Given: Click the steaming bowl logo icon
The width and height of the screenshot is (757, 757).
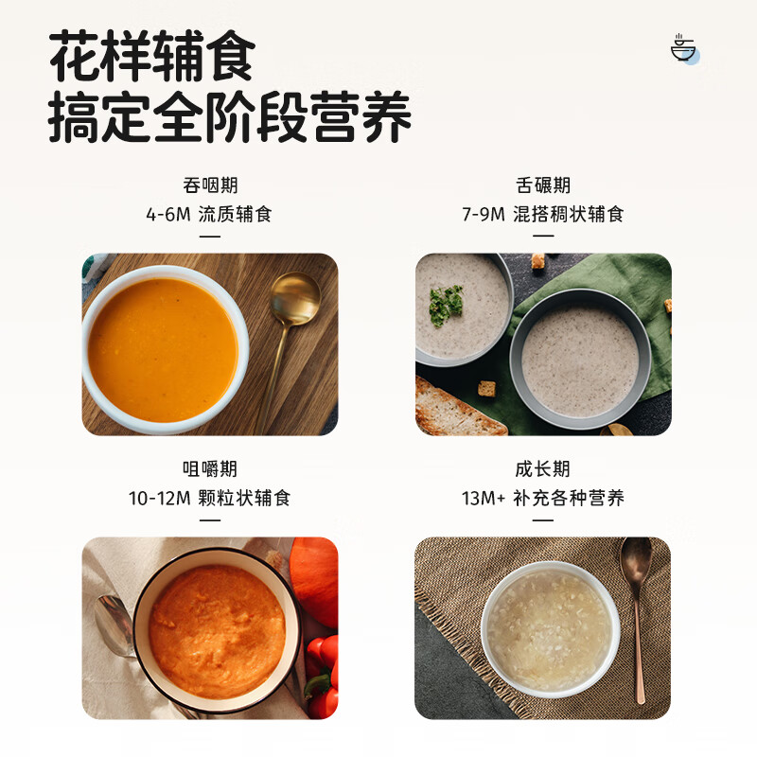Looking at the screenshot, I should tap(683, 48).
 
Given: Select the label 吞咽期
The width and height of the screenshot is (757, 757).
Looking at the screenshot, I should tap(209, 185).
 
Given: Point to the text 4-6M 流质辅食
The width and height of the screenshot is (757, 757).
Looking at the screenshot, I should tap(209, 214).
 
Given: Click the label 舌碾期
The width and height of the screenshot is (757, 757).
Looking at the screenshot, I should tap(543, 185).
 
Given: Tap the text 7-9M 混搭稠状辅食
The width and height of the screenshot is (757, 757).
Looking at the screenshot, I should tap(543, 214).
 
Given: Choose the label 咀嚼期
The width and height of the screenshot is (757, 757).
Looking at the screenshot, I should tap(209, 468).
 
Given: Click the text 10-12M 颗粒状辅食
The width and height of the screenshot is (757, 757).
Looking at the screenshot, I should tap(209, 498).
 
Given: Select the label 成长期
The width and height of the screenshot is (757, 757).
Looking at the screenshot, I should tap(543, 468).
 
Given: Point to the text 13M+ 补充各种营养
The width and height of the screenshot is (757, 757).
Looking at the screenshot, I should tap(543, 498).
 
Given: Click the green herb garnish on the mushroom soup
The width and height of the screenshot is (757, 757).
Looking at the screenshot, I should tap(446, 305).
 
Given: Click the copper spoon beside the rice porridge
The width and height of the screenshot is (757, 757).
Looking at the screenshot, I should tap(637, 606).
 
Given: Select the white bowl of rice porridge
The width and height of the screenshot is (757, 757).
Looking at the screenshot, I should tap(550, 629).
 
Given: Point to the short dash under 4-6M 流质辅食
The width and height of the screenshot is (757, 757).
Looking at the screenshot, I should tap(209, 237).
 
